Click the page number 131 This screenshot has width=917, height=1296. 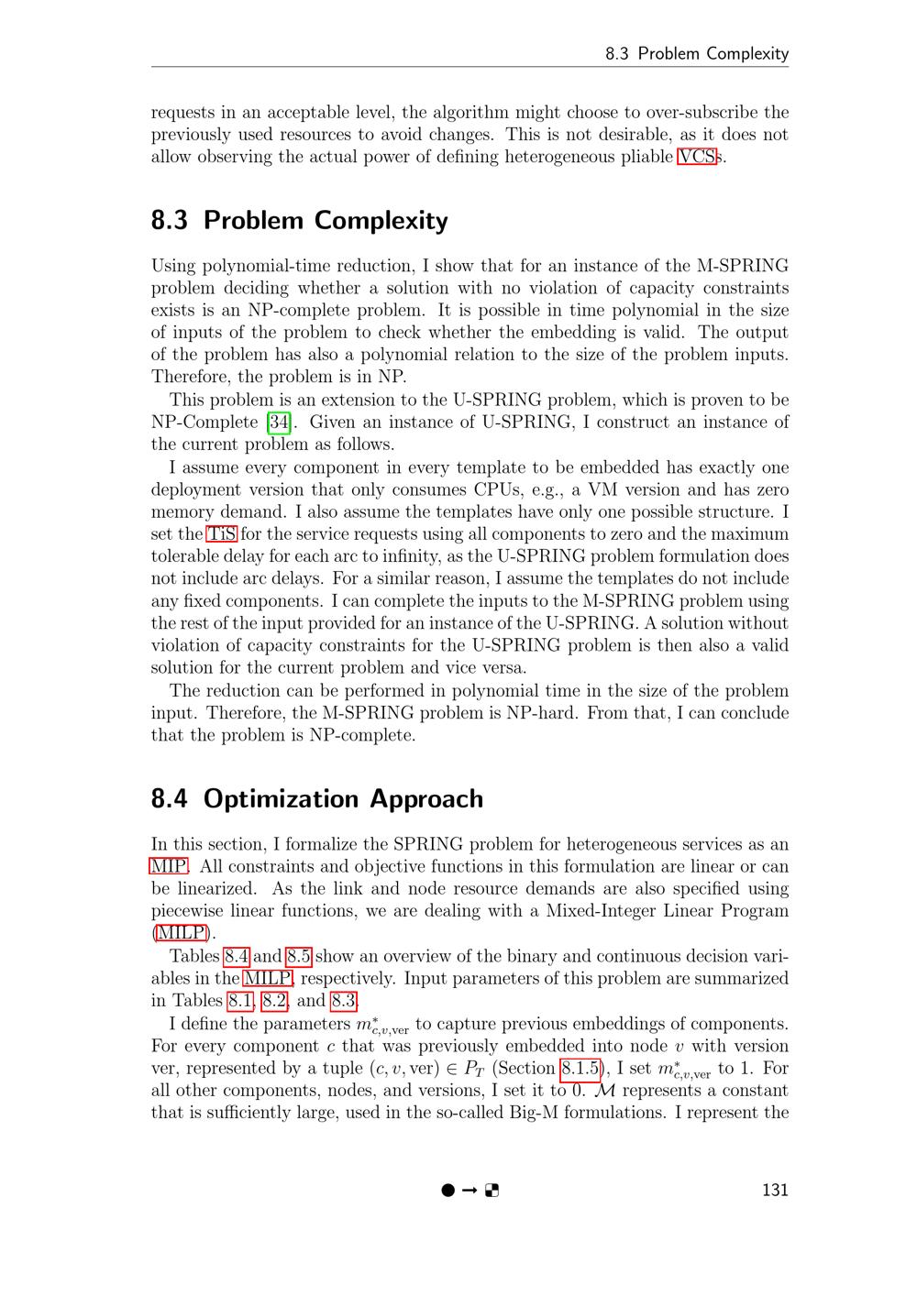[775, 1191]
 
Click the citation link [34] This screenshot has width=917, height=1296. [278, 423]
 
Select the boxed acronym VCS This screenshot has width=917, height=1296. [697, 157]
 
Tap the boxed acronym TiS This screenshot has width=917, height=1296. [222, 534]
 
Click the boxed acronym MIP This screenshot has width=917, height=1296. [169, 866]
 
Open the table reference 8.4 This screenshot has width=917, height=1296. [237, 956]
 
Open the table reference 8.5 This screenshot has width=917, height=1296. [299, 956]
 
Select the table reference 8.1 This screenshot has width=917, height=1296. [240, 1001]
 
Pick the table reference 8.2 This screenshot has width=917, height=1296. [275, 1001]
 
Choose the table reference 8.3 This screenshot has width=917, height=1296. [344, 1001]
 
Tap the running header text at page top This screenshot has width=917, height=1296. [697, 53]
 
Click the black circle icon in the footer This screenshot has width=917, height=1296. [447, 1191]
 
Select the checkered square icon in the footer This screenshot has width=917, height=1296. [492, 1191]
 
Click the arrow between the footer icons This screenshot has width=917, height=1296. [470, 1191]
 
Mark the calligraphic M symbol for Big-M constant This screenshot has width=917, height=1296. [605, 1091]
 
